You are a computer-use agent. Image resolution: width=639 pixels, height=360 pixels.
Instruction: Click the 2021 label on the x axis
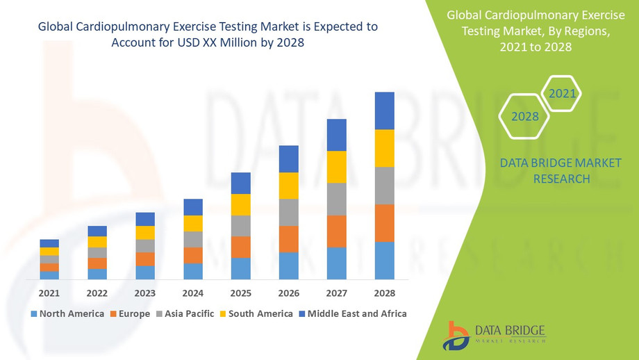tap(49, 293)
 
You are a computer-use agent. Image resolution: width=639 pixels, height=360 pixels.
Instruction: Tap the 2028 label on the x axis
tap(384, 293)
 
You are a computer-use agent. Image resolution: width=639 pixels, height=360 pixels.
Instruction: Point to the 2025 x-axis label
tap(240, 293)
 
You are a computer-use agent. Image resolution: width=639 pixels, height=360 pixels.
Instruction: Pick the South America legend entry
tap(256, 314)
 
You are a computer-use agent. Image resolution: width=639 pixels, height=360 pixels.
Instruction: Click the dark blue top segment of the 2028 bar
tap(384, 111)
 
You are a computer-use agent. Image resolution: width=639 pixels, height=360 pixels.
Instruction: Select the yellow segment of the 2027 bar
tap(336, 167)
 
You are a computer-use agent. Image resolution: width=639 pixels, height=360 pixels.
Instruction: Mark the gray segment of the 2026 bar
tap(288, 212)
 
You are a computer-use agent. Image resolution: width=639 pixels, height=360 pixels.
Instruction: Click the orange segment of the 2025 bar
tap(240, 247)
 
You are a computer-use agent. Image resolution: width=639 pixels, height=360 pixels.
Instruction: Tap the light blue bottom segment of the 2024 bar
tap(192, 271)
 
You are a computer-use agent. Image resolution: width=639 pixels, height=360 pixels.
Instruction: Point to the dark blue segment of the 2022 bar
tap(97, 231)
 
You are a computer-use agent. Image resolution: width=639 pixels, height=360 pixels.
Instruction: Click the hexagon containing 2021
tap(561, 93)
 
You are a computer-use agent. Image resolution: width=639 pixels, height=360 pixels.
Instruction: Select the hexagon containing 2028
tap(525, 116)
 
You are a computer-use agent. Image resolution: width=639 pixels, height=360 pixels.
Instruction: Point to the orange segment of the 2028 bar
tap(384, 223)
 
